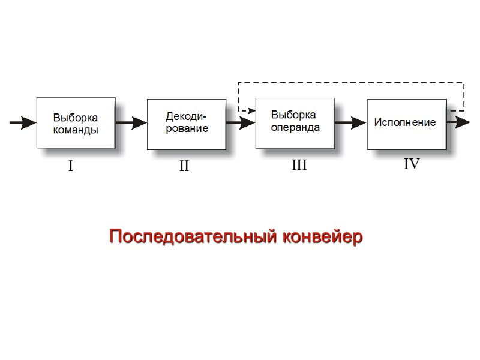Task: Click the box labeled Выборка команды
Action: click(76, 122)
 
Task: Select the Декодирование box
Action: click(186, 124)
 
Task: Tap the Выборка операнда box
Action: click(295, 122)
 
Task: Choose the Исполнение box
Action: click(406, 123)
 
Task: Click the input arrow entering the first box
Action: click(23, 123)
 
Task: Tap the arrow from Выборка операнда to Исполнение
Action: click(350, 123)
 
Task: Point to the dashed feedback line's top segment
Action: click(351, 82)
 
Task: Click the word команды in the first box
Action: click(76, 130)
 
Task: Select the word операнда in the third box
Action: click(295, 127)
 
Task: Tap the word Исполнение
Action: click(405, 122)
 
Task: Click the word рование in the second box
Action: click(187, 128)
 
